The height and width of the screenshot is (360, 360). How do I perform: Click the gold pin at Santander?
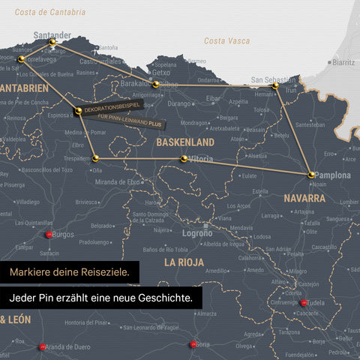click(x=52, y=43)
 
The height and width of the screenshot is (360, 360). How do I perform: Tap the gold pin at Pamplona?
click(x=311, y=175)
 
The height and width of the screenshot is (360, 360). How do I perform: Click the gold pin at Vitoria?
click(x=184, y=158)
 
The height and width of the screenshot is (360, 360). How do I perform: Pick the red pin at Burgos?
click(x=49, y=235)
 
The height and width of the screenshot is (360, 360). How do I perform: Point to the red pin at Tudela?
click(x=304, y=303)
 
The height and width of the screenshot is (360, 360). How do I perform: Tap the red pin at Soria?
click(x=193, y=344)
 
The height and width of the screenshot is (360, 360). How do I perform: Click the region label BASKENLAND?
click(x=184, y=142)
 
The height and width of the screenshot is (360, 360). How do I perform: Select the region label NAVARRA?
click(x=304, y=199)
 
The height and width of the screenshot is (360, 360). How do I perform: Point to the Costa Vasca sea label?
click(x=226, y=40)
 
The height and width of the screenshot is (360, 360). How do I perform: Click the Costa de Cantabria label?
click(x=50, y=13)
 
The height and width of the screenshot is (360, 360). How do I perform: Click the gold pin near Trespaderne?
click(x=95, y=158)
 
